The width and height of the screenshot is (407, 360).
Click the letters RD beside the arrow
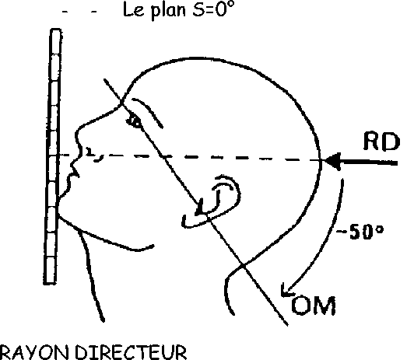point(381,142)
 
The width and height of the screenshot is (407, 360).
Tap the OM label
point(314,306)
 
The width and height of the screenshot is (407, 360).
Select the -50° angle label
point(360,232)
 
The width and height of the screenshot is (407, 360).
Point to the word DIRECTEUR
point(131,352)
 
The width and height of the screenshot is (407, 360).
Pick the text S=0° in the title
point(214,9)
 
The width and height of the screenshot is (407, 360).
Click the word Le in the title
point(133,10)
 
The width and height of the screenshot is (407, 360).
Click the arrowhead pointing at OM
point(286,290)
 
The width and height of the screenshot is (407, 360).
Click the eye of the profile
point(134,121)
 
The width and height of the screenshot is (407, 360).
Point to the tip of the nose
point(76,133)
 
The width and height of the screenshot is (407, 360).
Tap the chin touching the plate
point(58,210)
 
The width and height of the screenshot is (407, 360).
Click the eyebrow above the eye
point(147,112)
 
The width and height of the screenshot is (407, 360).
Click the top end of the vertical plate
point(55,30)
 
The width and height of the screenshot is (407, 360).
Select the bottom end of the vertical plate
point(50,283)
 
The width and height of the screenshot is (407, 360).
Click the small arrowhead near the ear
point(200,208)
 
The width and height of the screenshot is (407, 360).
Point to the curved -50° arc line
point(330,236)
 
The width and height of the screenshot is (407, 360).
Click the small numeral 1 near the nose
point(90,152)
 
